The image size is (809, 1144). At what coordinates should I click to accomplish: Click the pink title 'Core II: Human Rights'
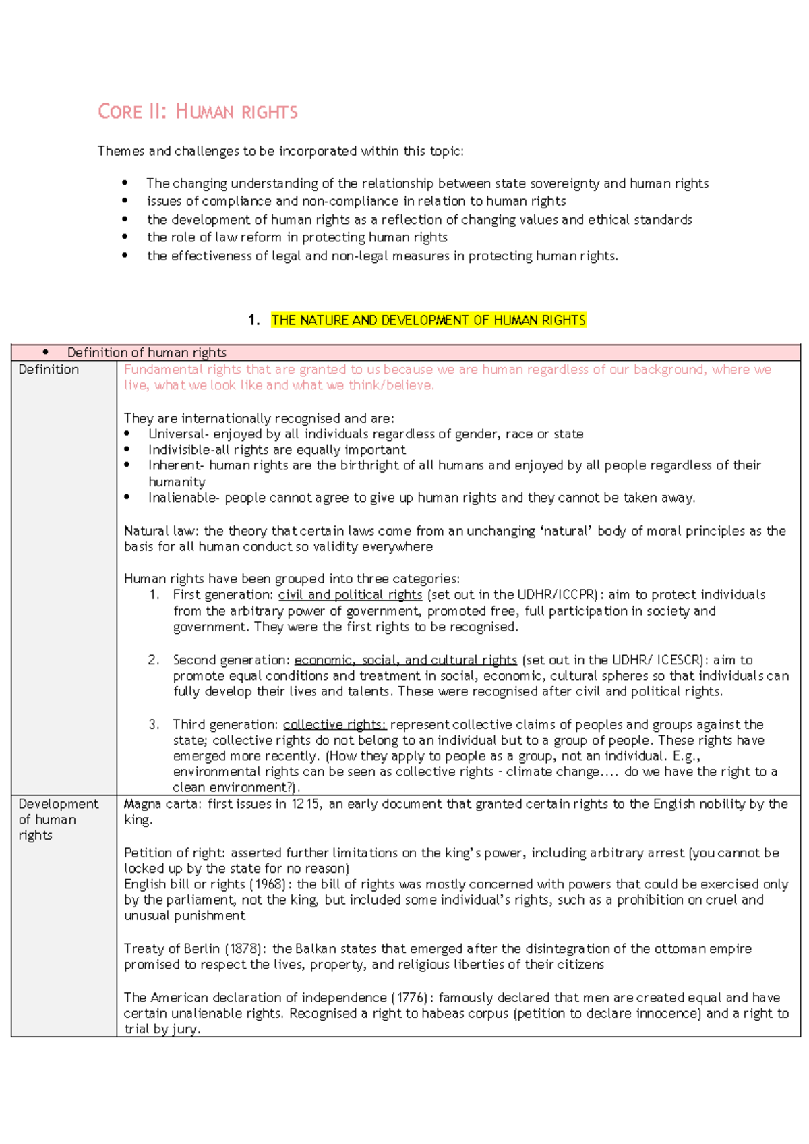point(198,111)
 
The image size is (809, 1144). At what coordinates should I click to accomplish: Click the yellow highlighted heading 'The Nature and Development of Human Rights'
point(428,320)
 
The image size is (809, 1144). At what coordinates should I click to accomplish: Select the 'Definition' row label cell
point(49,370)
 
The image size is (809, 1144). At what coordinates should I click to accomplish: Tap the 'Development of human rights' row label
point(57,819)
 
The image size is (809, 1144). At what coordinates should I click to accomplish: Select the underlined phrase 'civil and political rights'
point(350,595)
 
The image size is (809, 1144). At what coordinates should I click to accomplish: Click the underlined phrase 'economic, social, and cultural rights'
point(405,660)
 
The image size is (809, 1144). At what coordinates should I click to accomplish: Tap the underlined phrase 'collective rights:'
point(334,725)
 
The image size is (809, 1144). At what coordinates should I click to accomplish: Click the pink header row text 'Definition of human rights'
point(146,353)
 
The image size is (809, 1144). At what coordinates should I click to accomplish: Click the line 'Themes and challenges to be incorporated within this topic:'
point(280,151)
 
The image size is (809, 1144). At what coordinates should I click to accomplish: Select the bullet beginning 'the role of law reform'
point(297,237)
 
